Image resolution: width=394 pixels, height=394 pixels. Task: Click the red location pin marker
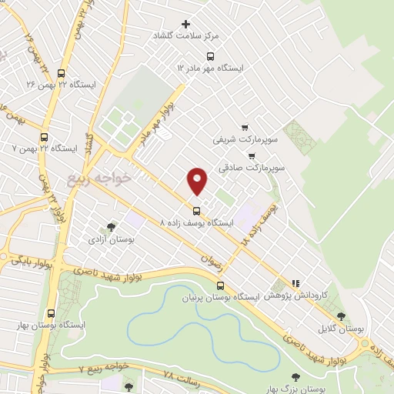tap(197, 181)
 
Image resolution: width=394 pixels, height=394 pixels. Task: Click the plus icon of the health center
tap(185, 24)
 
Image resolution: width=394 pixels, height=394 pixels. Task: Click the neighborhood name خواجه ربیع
tap(99, 179)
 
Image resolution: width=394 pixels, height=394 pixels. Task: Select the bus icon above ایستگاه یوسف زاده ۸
tap(196, 209)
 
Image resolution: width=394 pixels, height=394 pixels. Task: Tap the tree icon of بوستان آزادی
tap(112, 227)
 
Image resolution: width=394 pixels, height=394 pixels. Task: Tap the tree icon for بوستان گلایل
tap(342, 316)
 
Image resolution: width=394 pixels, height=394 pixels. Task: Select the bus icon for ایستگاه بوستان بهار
tap(52, 313)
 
